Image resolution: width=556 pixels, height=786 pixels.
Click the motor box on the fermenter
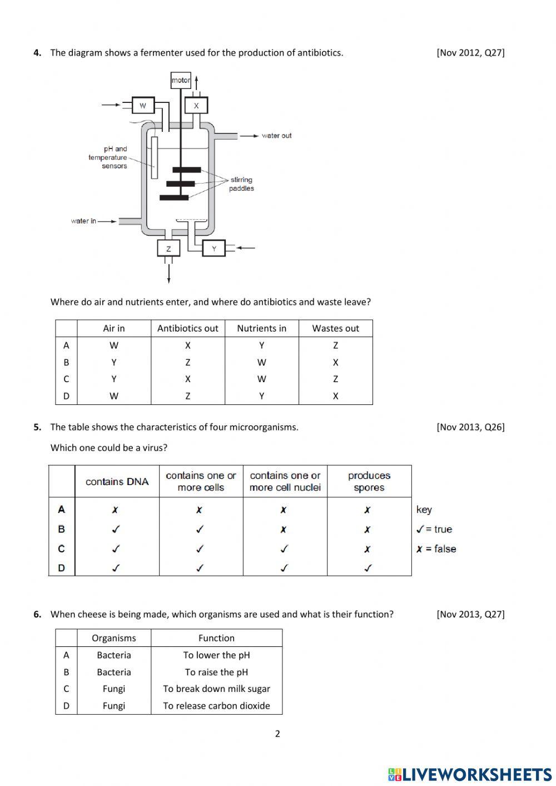point(181,80)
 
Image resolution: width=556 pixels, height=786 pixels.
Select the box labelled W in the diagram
point(143,105)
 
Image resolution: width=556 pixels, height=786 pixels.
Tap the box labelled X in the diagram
point(196,105)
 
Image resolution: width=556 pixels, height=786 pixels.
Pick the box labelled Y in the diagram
point(214,249)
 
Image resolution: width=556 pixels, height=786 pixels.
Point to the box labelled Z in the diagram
point(168,249)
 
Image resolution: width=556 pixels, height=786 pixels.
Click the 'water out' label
point(276,136)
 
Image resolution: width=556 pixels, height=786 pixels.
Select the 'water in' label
point(83,221)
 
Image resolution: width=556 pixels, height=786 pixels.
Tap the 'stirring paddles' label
point(241,184)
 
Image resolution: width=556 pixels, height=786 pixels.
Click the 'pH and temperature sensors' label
point(108,157)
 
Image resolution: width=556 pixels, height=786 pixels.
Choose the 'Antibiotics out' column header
point(187,328)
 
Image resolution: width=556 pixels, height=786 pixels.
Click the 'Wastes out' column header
point(335,328)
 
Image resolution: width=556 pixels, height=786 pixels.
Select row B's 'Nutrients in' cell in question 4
point(261,362)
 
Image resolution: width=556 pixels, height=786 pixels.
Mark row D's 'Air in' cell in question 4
point(114,396)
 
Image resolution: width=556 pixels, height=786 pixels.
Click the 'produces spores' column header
point(369,481)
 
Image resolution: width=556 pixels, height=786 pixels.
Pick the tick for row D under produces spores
point(368,568)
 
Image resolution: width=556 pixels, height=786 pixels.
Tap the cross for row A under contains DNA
point(115,510)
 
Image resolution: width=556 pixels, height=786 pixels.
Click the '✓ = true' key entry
point(434,529)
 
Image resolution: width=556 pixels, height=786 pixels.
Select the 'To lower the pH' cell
point(216,655)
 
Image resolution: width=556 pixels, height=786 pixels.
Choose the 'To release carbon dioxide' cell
point(216,705)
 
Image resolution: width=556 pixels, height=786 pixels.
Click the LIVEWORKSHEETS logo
point(470,774)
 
